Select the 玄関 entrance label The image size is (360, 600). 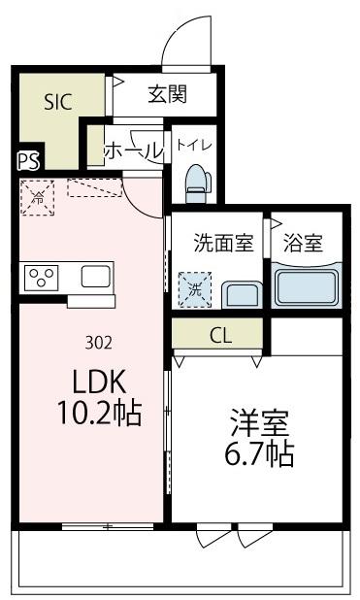(x=167, y=95)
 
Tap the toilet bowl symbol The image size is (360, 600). (x=195, y=181)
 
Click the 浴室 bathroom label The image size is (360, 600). (x=304, y=243)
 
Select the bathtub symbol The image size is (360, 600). (x=306, y=286)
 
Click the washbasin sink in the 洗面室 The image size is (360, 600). (x=239, y=292)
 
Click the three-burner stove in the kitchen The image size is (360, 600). (x=42, y=278)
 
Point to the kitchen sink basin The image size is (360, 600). (x=96, y=278)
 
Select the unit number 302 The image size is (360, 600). (x=98, y=341)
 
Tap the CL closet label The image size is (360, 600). (x=220, y=336)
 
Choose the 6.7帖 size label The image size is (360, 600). (x=260, y=455)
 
